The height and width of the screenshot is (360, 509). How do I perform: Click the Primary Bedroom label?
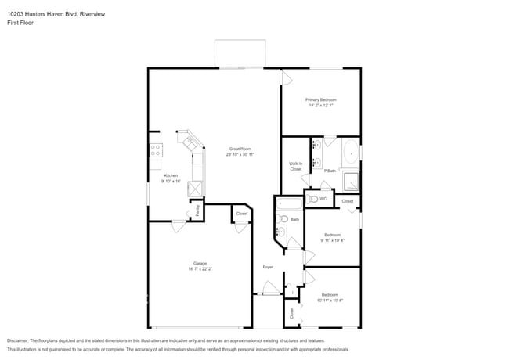click(x=321, y=100)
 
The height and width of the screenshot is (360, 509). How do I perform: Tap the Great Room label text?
click(x=240, y=149)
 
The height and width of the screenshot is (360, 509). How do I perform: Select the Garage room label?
click(x=200, y=263)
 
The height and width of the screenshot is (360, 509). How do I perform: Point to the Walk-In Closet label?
click(x=295, y=166)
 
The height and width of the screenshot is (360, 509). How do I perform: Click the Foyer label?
click(x=267, y=268)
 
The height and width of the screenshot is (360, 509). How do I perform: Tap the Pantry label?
click(x=197, y=211)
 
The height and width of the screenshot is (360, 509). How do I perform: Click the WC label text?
click(x=323, y=199)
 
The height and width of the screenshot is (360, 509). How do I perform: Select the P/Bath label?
click(x=330, y=171)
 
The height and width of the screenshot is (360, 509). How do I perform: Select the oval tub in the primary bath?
click(x=349, y=153)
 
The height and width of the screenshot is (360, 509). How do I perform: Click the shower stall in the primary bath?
click(x=352, y=182)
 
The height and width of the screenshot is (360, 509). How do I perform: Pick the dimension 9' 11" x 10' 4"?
click(x=332, y=240)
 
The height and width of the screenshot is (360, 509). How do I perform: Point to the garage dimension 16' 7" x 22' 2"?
click(x=200, y=269)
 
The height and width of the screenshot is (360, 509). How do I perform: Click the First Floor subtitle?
click(x=20, y=23)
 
